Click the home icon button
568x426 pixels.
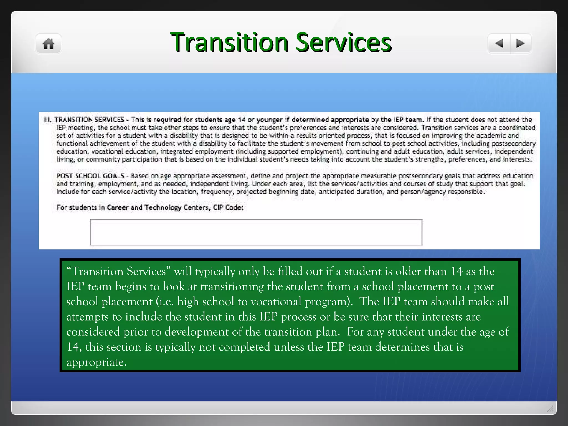tap(49, 44)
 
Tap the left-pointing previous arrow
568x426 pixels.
tap(499, 44)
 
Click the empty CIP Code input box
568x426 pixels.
tap(256, 232)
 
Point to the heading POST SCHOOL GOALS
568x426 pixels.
tap(90, 176)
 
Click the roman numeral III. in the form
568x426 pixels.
tap(48, 120)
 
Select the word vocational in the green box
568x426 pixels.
tap(276, 302)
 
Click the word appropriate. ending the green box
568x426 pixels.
tap(96, 362)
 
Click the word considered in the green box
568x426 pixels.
tap(93, 332)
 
